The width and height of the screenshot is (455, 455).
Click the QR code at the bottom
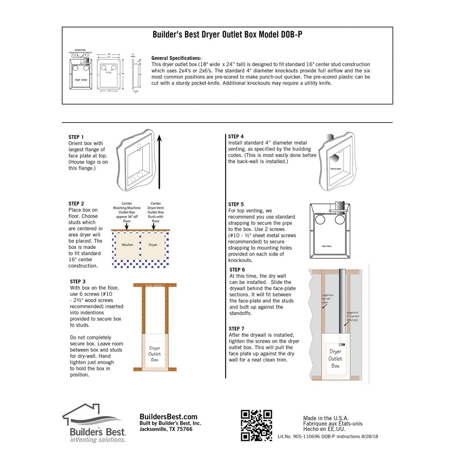click(x=257, y=425)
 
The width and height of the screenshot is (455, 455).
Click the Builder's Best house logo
click(x=94, y=423)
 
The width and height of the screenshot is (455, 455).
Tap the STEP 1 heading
click(x=76, y=137)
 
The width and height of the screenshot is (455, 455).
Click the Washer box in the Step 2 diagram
click(x=127, y=245)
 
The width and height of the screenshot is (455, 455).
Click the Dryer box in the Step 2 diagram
click(x=153, y=245)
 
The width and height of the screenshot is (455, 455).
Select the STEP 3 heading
click(x=78, y=281)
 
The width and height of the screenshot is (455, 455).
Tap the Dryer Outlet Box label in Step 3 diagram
click(x=155, y=354)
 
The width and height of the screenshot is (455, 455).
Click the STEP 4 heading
click(x=236, y=136)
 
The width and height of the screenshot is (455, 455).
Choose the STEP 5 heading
click(x=236, y=204)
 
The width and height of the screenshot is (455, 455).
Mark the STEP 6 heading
click(x=237, y=269)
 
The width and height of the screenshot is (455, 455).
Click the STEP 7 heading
click(x=237, y=328)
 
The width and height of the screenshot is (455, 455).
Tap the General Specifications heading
click(x=176, y=57)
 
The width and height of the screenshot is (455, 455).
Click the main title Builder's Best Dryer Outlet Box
click(x=227, y=35)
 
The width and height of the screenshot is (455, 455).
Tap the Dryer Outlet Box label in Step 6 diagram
click(x=335, y=358)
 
